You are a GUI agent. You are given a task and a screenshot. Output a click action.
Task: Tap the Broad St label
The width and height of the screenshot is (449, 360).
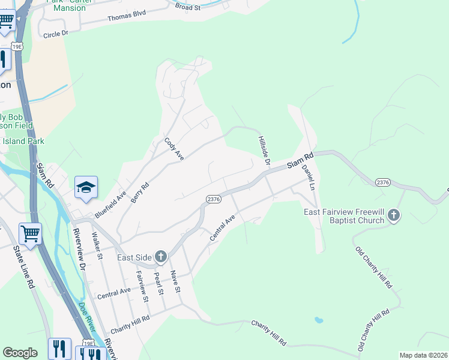(188, 7)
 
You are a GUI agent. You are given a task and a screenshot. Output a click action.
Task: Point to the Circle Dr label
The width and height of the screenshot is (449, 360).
(56, 35)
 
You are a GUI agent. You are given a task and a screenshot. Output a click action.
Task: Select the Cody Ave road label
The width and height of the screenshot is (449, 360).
(173, 149)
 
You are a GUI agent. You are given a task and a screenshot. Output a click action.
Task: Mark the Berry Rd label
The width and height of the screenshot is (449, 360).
(139, 193)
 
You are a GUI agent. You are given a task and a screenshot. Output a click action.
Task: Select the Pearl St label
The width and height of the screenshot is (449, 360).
(159, 283)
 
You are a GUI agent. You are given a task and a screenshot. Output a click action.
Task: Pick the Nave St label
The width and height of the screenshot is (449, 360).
(175, 281)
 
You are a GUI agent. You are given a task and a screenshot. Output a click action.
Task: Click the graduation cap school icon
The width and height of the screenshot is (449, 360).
(86, 187)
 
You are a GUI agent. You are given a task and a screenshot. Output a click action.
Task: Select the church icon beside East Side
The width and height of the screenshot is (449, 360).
(160, 257)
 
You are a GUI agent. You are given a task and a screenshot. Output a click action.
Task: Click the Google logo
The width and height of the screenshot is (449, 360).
(20, 353)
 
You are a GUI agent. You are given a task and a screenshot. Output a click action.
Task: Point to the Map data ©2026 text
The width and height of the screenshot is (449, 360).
(423, 355)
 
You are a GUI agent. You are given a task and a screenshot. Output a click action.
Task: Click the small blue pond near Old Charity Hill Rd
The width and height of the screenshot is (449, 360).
(319, 320)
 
